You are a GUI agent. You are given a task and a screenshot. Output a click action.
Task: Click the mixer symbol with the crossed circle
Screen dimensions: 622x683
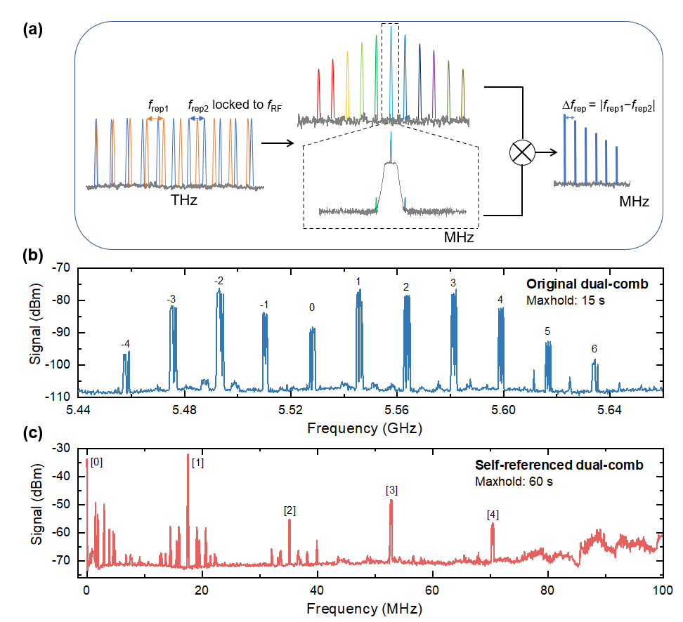coord(521,152)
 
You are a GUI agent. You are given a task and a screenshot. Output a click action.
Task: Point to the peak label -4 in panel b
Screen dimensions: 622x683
coord(125,343)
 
